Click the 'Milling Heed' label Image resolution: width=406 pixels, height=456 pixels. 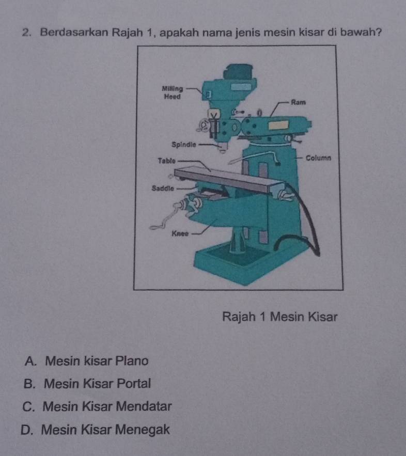coord(172,92)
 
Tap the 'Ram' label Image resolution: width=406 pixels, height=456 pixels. coord(299,102)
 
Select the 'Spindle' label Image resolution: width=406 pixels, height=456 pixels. coord(183,145)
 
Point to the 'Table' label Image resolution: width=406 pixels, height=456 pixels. coord(167,161)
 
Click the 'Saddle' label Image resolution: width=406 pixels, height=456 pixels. coord(163,188)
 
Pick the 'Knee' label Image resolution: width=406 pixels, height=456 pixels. coord(180,233)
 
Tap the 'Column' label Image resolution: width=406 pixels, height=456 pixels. coord(318,158)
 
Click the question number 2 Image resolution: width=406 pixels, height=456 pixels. coord(26,33)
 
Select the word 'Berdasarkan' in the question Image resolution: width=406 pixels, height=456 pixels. coord(74,32)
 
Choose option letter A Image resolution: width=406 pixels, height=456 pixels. coord(30,361)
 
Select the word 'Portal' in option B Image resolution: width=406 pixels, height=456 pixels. coord(133,383)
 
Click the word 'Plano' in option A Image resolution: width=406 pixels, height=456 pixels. coord(132,361)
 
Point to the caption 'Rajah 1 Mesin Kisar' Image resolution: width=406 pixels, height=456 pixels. coord(280,317)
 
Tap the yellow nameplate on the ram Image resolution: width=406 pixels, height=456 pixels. coord(278,125)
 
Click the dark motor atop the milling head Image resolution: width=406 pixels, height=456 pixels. coord(238,72)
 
